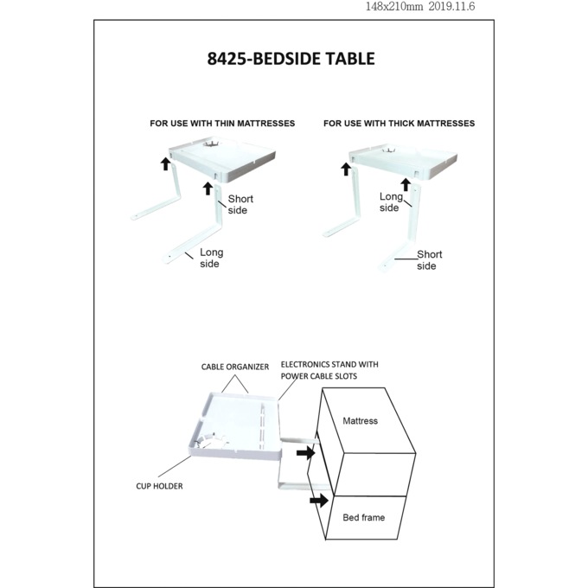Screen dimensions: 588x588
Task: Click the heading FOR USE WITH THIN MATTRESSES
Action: tap(222, 124)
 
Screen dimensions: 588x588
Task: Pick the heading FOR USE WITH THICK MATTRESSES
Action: tap(399, 124)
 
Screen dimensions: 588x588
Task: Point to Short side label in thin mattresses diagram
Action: tap(240, 205)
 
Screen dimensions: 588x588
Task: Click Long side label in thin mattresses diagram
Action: tap(211, 258)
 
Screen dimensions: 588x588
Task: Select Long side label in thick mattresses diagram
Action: tap(391, 202)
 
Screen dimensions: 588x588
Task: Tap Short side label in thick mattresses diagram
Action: tap(429, 260)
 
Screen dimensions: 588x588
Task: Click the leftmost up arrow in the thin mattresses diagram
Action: tap(165, 163)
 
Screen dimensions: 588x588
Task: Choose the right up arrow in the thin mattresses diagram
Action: tap(208, 188)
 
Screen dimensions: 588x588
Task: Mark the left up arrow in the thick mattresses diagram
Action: tap(346, 169)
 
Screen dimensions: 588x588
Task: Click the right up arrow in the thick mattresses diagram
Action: tap(405, 183)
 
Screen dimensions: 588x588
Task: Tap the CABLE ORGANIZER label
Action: tap(235, 366)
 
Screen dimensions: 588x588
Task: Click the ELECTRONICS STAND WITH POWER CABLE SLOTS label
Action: tap(329, 370)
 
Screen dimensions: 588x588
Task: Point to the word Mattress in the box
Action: tap(360, 421)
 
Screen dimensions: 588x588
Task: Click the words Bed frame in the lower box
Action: tap(363, 517)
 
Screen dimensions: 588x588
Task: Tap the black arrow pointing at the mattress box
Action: tap(305, 452)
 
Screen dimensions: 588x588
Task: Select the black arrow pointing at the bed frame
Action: tap(318, 500)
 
